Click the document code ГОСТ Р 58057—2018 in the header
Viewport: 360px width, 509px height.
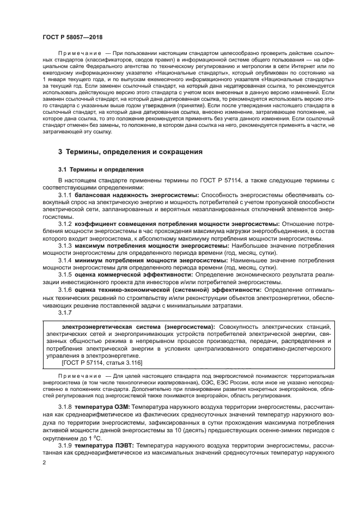click(71, 36)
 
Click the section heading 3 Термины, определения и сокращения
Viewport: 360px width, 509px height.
click(130, 152)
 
